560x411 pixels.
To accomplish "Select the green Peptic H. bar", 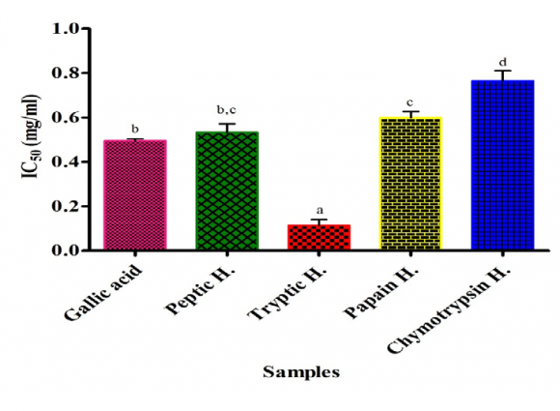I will tap(227, 191).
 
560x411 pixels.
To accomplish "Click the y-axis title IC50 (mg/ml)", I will tap(29, 139).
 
